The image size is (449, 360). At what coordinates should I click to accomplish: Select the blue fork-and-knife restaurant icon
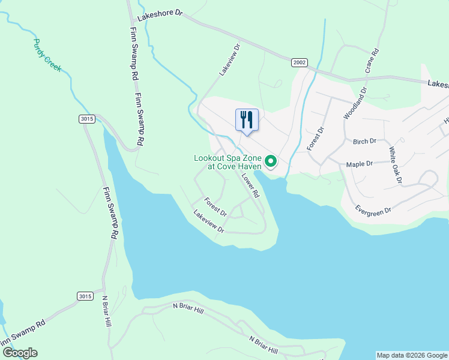(247, 119)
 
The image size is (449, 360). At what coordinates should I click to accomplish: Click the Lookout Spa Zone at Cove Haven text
(228, 162)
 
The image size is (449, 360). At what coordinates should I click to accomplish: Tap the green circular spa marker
(271, 161)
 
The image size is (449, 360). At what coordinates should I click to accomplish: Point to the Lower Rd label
(250, 186)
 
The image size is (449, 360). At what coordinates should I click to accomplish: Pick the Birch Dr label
(364, 142)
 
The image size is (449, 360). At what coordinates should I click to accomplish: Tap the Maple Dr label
(360, 163)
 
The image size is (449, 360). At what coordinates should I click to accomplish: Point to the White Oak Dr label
(397, 165)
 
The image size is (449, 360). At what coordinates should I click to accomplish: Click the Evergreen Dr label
(373, 210)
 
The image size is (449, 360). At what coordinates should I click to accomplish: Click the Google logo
(20, 353)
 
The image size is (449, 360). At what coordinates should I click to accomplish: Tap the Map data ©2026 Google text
(412, 355)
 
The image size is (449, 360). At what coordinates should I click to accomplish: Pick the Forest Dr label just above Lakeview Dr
(215, 208)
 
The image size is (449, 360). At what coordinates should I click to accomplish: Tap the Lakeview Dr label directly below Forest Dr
(208, 221)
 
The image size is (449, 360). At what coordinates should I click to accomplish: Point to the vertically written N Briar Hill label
(107, 311)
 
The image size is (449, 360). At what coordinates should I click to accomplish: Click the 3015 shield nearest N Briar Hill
(85, 296)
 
